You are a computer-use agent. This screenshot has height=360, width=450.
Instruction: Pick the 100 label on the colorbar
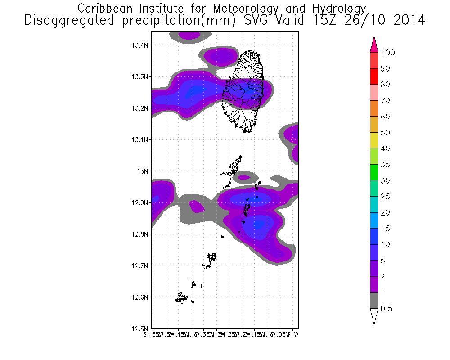tap(387, 53)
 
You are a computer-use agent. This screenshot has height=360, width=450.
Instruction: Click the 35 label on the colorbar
tap(385, 165)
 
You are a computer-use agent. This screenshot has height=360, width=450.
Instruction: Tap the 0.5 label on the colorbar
tap(387, 309)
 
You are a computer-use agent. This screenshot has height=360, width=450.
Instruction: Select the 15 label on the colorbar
tap(385, 229)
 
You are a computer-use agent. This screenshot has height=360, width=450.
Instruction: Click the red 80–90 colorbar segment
tap(373, 76)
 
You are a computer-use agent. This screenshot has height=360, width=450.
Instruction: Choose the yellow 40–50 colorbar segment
tap(373, 140)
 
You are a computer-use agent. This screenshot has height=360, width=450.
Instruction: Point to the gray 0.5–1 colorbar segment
tap(373, 301)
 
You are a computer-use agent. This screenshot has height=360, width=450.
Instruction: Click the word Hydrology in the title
tap(337, 9)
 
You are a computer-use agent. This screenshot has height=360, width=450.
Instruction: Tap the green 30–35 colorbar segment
tap(373, 172)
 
